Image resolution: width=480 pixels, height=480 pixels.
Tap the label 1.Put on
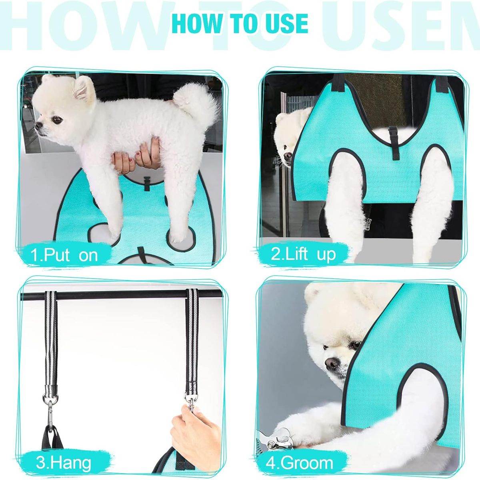[x=64, y=254]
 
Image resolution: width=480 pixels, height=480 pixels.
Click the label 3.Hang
[x=63, y=463]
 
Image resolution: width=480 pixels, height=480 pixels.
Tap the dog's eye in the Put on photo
[x=58, y=119]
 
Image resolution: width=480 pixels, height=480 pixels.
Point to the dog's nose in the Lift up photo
[x=286, y=156]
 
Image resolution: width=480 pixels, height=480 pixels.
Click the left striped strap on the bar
[x=51, y=340]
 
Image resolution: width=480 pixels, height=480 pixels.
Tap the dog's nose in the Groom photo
[x=331, y=363]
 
